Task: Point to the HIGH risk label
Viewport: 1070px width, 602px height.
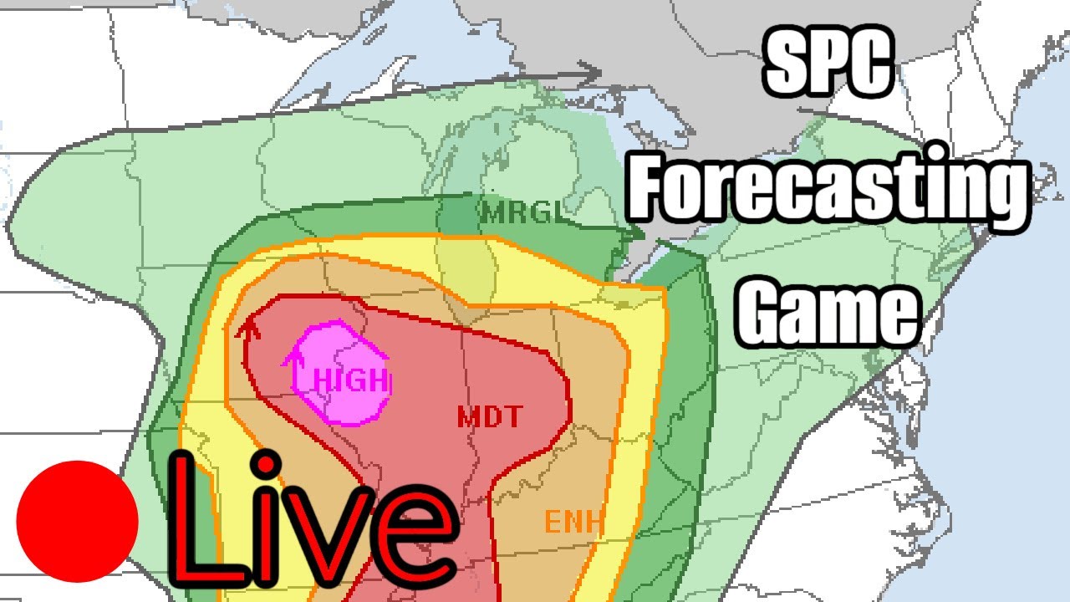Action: click(351, 381)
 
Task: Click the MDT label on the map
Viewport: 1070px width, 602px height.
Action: click(490, 416)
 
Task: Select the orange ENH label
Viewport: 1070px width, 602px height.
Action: click(574, 523)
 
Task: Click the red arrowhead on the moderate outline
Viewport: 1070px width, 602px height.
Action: click(247, 328)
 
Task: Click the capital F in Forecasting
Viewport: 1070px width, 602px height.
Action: click(652, 188)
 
